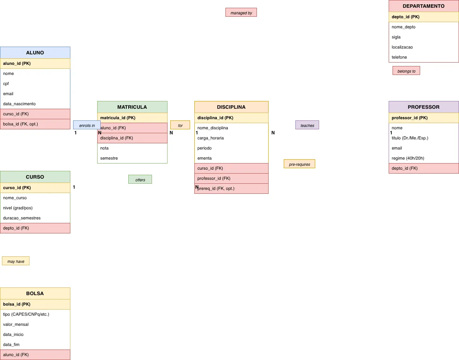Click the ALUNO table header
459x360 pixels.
35,53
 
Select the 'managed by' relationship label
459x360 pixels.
241,12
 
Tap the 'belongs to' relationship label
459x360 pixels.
406,71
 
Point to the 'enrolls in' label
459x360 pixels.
87,125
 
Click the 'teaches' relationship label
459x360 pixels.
307,125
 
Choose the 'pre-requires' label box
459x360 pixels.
300,164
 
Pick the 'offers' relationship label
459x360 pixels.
140,179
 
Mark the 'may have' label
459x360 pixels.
16,261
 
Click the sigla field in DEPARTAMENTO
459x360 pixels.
424,37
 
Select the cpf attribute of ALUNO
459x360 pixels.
35,83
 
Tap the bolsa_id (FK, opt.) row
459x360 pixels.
35,124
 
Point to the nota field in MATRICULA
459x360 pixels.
132,148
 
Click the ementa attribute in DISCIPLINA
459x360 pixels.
231,158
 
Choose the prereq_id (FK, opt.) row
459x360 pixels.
231,189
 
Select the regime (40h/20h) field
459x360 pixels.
424,158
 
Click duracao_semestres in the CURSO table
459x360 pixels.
35,218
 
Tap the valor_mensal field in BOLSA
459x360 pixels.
35,325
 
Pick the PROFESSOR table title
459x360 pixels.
424,107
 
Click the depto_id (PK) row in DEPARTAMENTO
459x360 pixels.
424,17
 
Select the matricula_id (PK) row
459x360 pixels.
132,118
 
